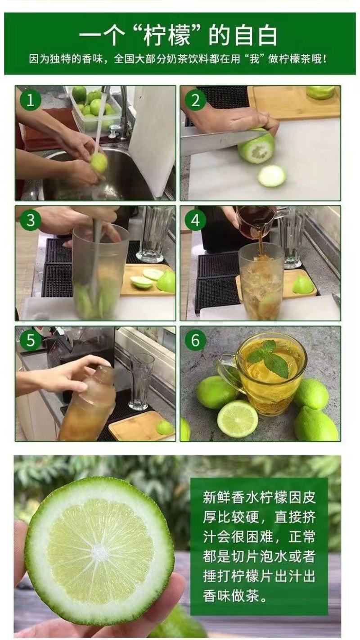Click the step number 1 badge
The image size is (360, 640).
(31, 100)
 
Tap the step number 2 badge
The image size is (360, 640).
(195, 100)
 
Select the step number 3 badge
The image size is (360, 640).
(31, 220)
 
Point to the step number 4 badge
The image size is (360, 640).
(195, 220)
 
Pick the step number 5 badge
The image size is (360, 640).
(31, 340)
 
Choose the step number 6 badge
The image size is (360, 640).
(195, 340)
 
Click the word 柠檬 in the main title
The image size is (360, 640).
(167, 36)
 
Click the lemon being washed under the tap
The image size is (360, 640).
(99, 162)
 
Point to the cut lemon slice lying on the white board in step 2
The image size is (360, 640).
(272, 176)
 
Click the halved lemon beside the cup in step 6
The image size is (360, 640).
(238, 419)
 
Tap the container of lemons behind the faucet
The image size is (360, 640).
(94, 107)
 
